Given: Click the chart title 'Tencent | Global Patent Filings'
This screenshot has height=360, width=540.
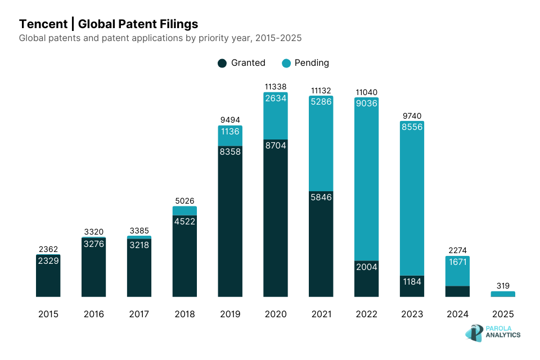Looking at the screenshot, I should (108, 24).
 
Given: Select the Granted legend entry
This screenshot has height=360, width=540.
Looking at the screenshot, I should (242, 63).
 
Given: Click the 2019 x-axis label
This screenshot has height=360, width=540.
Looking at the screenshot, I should (230, 314).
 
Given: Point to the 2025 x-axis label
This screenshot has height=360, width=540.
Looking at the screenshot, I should (503, 314).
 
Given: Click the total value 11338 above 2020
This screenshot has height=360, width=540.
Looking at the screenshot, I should (276, 87).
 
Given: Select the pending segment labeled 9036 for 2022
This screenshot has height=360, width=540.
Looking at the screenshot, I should (367, 180).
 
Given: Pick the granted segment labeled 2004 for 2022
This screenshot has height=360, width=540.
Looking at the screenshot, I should (367, 278).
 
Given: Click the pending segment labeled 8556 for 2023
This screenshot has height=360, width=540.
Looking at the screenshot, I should (412, 197).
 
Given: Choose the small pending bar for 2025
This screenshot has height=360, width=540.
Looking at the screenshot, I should (503, 294).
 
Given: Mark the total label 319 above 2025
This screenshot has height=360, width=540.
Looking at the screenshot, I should (503, 285).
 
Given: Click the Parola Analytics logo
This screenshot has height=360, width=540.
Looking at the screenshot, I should (493, 332).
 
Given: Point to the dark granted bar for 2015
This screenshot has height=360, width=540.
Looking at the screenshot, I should (48, 276).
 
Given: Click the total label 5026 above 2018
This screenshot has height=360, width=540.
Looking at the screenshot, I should (184, 201).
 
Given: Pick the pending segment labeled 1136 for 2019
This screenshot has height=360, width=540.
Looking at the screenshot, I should (230, 136).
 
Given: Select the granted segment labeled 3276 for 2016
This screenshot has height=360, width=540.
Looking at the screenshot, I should (93, 267).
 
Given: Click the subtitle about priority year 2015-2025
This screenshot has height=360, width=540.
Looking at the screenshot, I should (160, 38).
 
